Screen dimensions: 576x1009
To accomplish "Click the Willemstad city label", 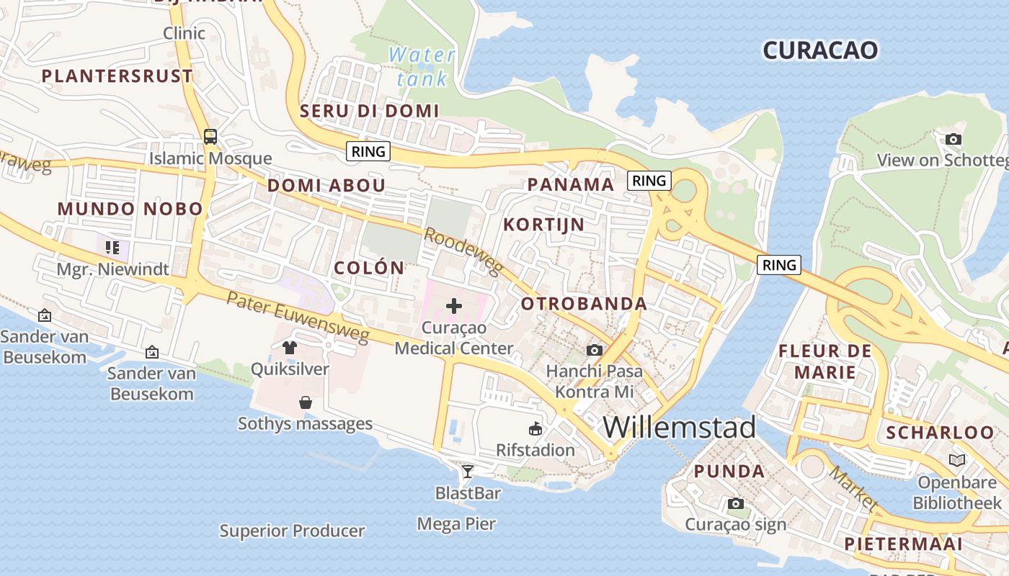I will point(679,427).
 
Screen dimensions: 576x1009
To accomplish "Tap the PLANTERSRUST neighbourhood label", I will point(117,76).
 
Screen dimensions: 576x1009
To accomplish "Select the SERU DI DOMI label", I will point(369,111).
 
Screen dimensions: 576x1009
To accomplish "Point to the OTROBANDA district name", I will point(584,304).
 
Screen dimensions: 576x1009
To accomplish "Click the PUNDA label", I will point(729,472).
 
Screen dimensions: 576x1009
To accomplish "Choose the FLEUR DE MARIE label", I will point(825,361).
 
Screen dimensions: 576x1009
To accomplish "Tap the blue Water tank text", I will point(422,66).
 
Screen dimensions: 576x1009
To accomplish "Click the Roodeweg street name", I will point(462,252).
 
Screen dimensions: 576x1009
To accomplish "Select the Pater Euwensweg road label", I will point(298,318).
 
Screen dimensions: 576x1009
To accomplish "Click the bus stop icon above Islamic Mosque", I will point(210,136).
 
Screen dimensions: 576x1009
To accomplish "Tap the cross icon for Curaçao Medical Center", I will point(454,306).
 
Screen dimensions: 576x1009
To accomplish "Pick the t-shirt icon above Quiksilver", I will point(290,348).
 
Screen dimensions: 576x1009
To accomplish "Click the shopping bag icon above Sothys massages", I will point(306,402).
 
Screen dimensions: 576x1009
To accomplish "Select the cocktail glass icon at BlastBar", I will point(468,472).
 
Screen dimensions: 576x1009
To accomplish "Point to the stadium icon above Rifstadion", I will point(535,429).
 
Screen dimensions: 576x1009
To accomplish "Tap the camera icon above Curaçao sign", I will point(736,503).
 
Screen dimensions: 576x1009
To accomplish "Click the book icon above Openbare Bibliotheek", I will point(957,460).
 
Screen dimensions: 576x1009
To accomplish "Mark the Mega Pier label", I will point(456,523).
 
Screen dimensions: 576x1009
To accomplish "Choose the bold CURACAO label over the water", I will point(820,50).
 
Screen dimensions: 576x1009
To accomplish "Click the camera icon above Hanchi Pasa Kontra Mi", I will point(595,350).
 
